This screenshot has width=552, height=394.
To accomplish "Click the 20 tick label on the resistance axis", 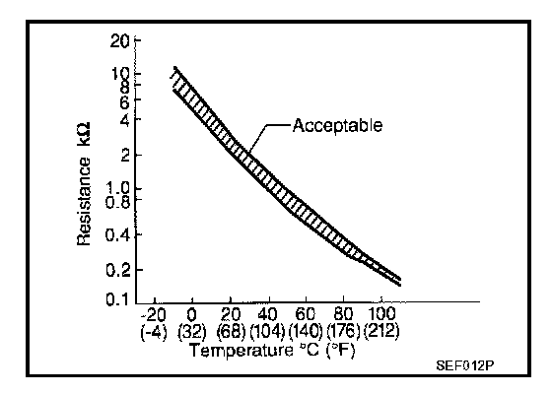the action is (x=120, y=41).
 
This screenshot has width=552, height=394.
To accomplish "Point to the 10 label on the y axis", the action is (x=120, y=74).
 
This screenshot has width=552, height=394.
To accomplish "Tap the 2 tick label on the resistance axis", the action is (x=125, y=155).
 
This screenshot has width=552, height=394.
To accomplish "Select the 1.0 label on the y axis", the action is (x=118, y=188).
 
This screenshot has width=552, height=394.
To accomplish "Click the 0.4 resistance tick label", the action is (x=118, y=234).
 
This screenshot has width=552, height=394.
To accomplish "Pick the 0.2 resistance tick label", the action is (x=118, y=270).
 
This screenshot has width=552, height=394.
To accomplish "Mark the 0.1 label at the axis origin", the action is (x=118, y=299).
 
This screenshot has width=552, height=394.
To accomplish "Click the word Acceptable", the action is (x=337, y=125).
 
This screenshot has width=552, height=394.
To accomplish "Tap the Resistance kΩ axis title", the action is (x=84, y=184).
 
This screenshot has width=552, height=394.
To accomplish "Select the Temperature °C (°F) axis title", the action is (x=273, y=351).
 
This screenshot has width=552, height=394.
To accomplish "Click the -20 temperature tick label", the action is (x=153, y=314).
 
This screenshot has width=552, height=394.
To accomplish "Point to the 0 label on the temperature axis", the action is (x=191, y=314).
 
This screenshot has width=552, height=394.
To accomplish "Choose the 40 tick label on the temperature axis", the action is (x=267, y=314).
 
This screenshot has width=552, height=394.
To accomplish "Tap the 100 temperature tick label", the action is (x=381, y=314).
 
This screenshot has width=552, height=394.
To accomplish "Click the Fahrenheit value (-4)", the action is (x=154, y=331).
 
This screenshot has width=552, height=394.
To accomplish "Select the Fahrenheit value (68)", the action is (x=230, y=331).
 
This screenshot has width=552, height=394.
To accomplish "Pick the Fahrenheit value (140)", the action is (x=306, y=331).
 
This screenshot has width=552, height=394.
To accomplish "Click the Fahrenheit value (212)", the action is (x=381, y=331).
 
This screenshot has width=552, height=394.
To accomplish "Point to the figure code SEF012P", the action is (x=465, y=365).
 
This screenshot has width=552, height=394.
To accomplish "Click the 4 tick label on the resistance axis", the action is (x=125, y=120).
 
